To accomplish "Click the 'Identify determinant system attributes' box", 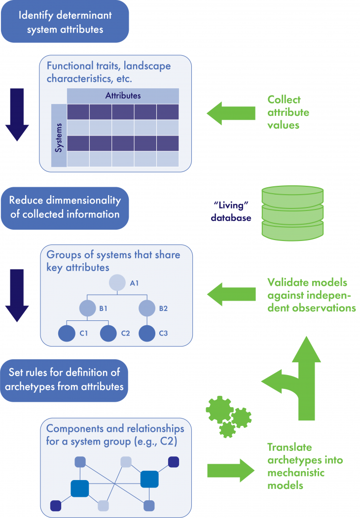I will tap(65, 21).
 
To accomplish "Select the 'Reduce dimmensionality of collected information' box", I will tap(65, 207).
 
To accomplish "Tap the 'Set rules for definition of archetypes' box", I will tap(65, 380).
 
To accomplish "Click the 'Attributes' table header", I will tap(122, 96).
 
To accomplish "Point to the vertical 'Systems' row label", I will tap(59, 136).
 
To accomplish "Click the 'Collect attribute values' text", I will tap(288, 112).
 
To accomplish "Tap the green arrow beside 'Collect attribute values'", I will tap(231, 113).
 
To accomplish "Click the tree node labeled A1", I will tap(117, 283).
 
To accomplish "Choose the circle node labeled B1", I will tap(87, 309).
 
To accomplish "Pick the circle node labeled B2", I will tap(146, 309).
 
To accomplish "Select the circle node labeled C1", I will tap(67, 334).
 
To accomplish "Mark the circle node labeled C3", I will tap(146, 334).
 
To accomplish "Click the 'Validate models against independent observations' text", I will tap(311, 295).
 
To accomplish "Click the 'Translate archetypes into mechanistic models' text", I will tap(305, 466).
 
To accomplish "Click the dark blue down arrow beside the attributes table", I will tap(17, 115).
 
